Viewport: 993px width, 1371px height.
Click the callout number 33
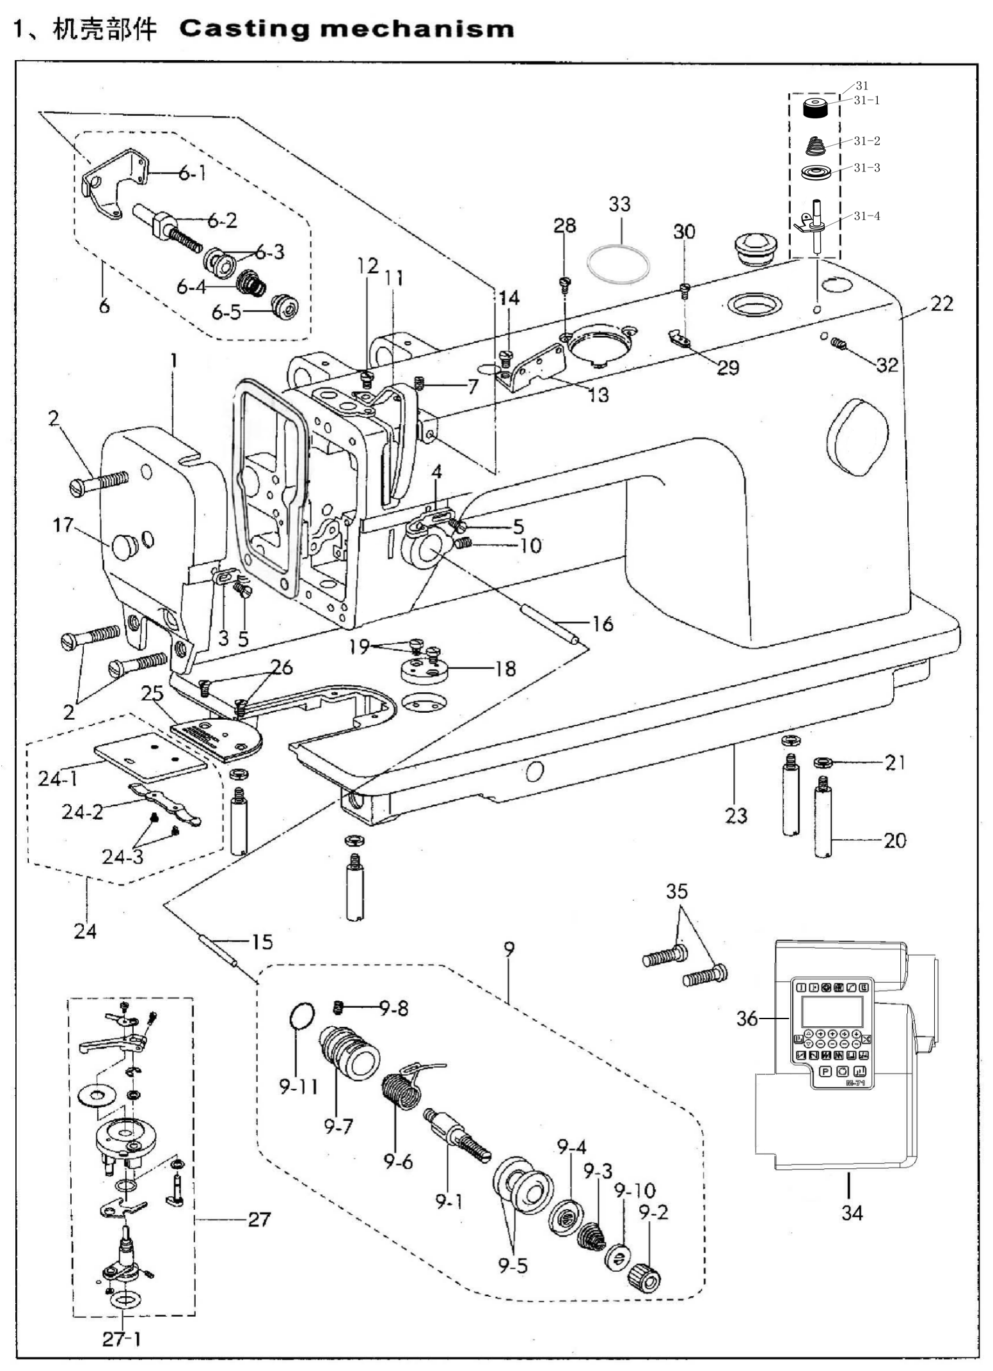click(x=619, y=204)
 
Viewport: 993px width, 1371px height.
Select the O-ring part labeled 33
click(x=619, y=263)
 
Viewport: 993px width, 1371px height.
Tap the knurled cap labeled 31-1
click(x=821, y=108)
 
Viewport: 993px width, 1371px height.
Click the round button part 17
click(x=124, y=546)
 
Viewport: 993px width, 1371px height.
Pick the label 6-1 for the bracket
click(x=191, y=173)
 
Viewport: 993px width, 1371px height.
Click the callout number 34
click(x=852, y=1212)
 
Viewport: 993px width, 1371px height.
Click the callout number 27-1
click(x=122, y=1339)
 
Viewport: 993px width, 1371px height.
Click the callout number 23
click(x=736, y=815)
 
